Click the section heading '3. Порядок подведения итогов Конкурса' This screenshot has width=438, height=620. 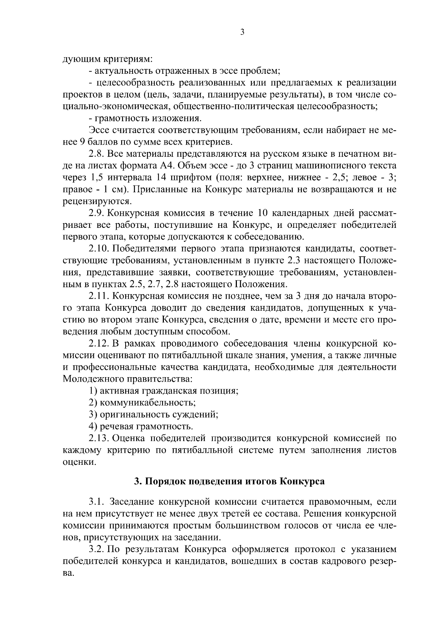(x=229, y=481)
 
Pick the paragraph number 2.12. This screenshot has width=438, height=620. (x=99, y=344)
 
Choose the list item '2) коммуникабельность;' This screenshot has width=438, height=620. (x=142, y=403)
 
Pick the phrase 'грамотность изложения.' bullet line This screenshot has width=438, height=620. (x=145, y=119)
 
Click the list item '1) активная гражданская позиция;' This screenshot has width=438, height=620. (x=164, y=391)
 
